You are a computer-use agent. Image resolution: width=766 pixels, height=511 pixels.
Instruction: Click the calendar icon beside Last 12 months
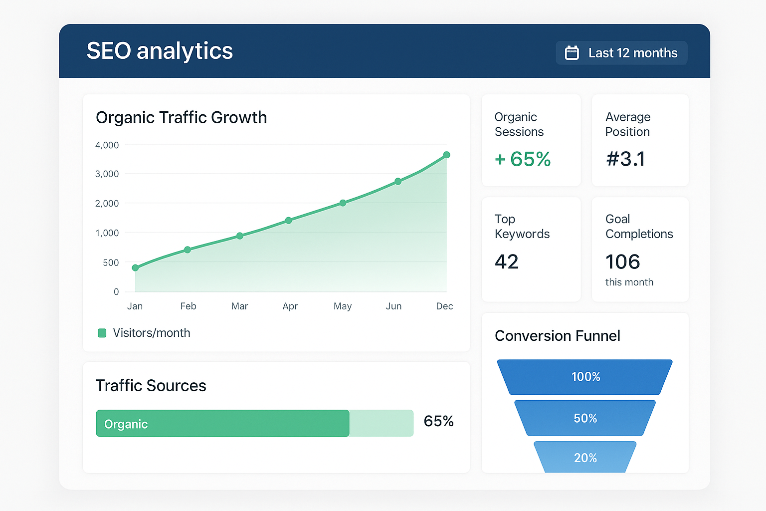[572, 53]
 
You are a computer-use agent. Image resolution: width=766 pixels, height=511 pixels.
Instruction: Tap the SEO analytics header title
[160, 51]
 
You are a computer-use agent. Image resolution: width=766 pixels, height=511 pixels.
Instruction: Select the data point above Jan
[135, 268]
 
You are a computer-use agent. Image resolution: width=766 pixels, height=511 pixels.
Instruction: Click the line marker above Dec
[447, 155]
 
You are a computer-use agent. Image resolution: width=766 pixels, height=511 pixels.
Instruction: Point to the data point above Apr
[288, 221]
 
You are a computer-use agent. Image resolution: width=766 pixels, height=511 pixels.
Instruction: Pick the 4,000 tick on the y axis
[107, 145]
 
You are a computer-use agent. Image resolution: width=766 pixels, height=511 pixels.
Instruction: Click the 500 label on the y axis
[111, 262]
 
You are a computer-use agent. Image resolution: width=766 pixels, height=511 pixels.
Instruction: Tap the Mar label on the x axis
[239, 306]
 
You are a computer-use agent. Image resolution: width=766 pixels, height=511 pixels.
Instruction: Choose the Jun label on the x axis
[393, 306]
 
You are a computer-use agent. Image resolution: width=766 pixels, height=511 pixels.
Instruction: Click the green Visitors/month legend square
[102, 333]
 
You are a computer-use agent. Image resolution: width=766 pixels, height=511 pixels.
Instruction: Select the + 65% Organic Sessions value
[523, 159]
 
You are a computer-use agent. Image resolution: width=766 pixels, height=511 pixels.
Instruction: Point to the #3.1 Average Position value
[625, 159]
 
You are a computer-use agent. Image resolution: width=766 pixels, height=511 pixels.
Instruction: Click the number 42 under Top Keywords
[507, 261]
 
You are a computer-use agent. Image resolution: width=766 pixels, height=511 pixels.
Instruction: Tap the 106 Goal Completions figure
[622, 261]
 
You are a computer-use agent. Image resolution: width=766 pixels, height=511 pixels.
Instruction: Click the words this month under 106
[629, 282]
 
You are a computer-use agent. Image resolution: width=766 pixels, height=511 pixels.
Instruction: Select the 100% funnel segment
[585, 377]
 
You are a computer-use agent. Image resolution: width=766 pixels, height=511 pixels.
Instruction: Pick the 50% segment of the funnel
[585, 418]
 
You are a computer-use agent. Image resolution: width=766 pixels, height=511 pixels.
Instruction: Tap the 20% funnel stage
[585, 458]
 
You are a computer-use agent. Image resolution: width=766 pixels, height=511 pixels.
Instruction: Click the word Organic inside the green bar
[126, 424]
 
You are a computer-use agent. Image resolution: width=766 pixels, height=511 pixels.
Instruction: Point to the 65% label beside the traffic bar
[438, 421]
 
